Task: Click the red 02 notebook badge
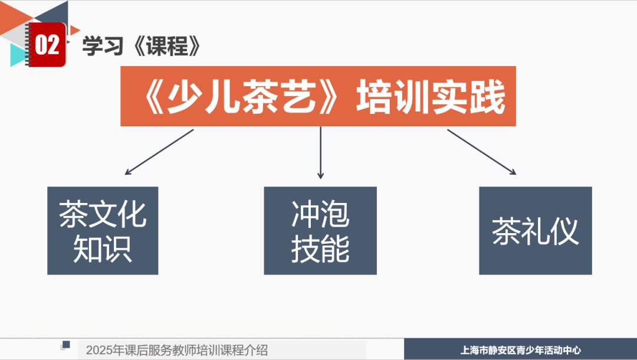(47, 44)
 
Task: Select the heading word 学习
(103, 45)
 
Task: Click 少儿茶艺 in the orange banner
(241, 97)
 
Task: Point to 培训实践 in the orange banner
(431, 97)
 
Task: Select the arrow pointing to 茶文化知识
(159, 152)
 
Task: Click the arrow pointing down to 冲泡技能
(320, 153)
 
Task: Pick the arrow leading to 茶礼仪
(482, 152)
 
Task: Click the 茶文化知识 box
(103, 231)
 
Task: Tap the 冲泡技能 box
(320, 231)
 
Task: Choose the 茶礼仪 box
(536, 231)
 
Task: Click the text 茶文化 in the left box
(103, 214)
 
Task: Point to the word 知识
(103, 248)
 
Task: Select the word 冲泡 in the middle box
(320, 214)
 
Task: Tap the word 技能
(320, 248)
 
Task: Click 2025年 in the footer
(105, 350)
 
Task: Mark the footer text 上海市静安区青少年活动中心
(521, 350)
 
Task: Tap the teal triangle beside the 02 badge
(18, 55)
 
